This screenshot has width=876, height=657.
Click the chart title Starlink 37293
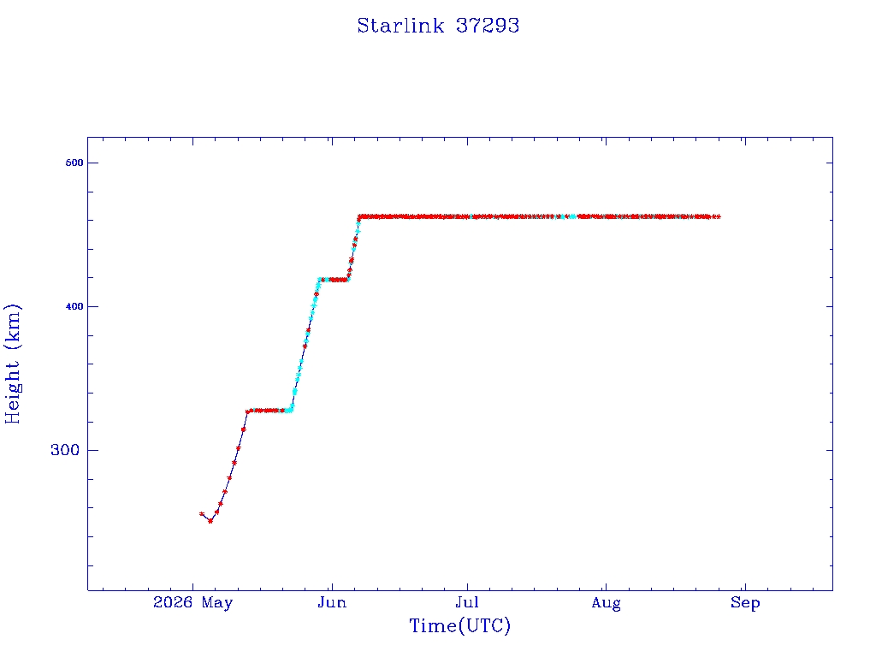[438, 26]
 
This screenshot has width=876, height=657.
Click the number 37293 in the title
[488, 26]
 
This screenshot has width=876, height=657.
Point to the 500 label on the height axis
[74, 163]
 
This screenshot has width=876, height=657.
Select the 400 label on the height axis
[74, 306]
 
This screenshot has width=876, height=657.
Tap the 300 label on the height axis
[65, 450]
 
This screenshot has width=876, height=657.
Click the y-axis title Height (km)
[12, 364]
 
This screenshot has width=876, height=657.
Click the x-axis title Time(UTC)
[459, 625]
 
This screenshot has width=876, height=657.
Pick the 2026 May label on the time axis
[192, 602]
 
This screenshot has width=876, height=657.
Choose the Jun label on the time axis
[333, 602]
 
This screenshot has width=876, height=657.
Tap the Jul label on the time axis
[467, 602]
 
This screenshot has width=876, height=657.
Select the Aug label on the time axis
[607, 603]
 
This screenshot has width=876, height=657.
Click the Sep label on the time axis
[745, 603]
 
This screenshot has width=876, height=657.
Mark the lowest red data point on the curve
[210, 521]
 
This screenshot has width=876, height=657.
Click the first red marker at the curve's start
[202, 513]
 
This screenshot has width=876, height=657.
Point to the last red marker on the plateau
[718, 216]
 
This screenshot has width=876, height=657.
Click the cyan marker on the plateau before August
[572, 216]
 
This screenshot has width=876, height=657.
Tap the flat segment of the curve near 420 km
[334, 280]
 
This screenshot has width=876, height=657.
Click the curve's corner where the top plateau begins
[359, 216]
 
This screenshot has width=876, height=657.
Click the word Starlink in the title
[400, 26]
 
